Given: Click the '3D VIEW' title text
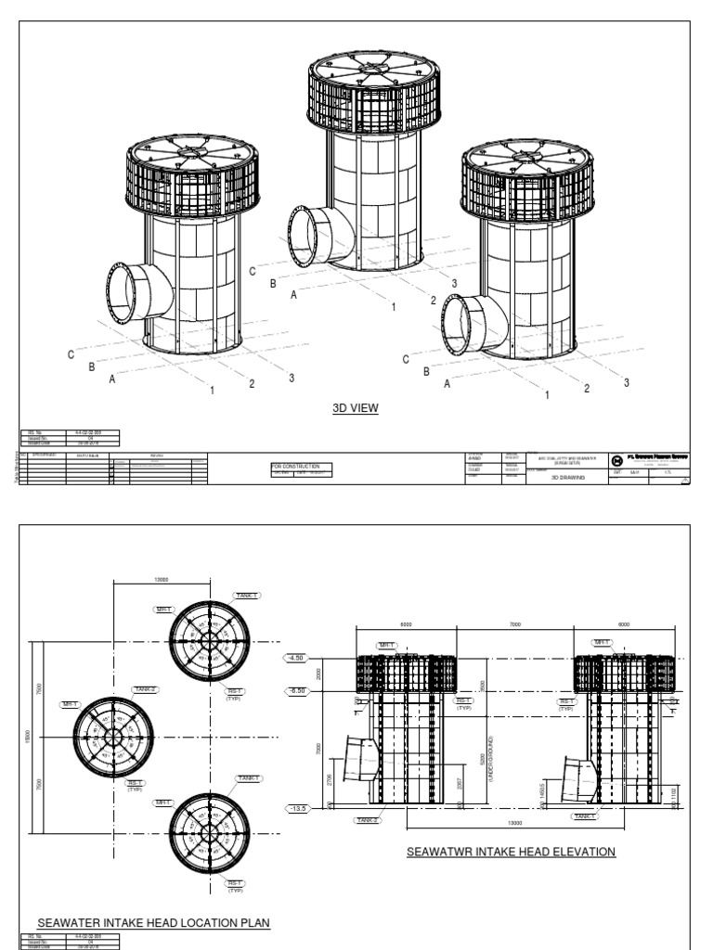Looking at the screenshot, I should pyautogui.click(x=356, y=408).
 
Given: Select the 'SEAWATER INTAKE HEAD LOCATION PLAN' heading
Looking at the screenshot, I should pyautogui.click(x=153, y=923).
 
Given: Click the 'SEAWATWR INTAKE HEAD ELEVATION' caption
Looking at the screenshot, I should pyautogui.click(x=512, y=851).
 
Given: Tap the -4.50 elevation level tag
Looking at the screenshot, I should pyautogui.click(x=297, y=659).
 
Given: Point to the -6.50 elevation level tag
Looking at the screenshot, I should pyautogui.click(x=297, y=691).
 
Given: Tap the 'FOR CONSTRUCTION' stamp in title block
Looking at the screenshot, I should pyautogui.click(x=296, y=466).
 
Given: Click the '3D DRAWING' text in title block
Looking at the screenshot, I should pyautogui.click(x=565, y=479).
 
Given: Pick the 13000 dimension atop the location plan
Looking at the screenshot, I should pyautogui.click(x=161, y=580).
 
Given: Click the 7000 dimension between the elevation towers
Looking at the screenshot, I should pyautogui.click(x=515, y=626).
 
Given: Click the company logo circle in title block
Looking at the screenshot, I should pyautogui.click(x=618, y=460).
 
